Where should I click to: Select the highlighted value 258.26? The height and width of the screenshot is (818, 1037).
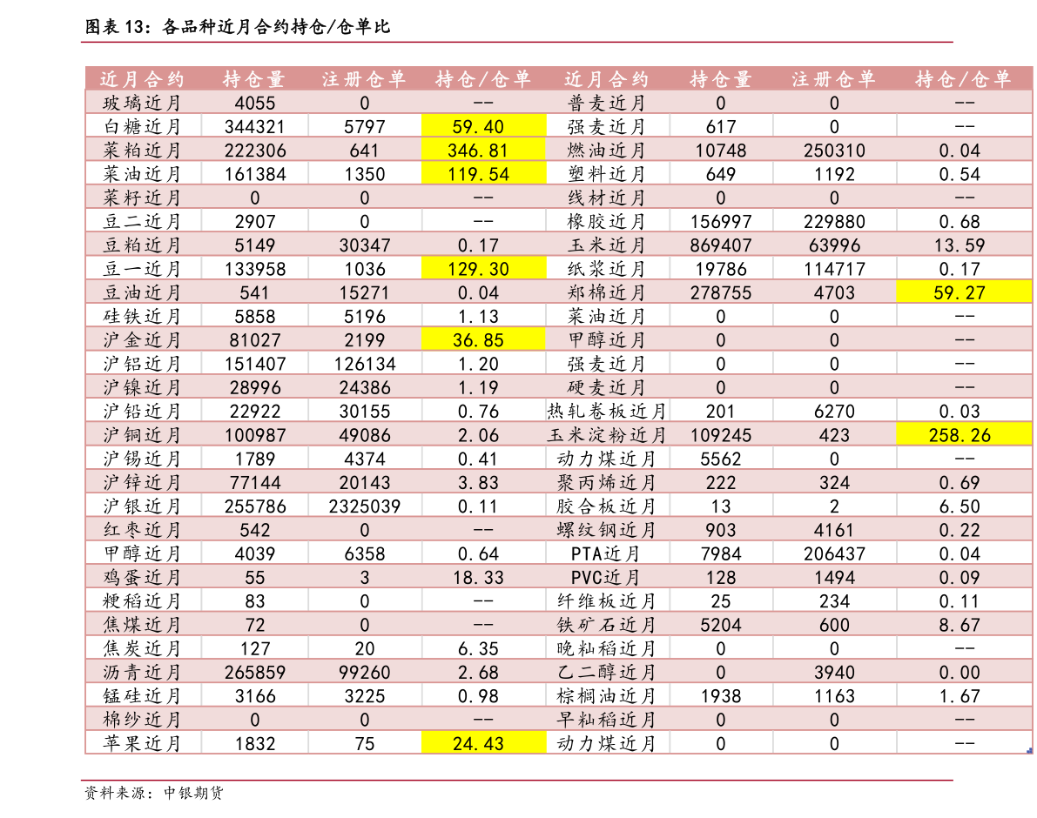(x=964, y=435)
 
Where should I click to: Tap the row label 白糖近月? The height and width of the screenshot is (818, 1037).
(x=142, y=126)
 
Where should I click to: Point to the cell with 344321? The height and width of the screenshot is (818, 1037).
(x=254, y=127)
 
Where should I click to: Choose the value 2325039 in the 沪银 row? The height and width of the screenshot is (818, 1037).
(x=365, y=506)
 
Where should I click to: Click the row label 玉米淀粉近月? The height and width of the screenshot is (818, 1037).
(x=606, y=435)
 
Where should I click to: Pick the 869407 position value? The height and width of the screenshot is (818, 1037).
(x=720, y=245)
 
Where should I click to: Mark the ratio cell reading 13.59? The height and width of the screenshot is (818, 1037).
(x=959, y=245)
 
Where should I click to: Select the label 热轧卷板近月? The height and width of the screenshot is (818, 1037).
(x=606, y=411)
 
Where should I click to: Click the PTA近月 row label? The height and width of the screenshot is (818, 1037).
(x=606, y=553)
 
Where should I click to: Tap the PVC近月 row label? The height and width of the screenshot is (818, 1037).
(x=606, y=578)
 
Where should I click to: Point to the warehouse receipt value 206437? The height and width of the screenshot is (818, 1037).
(x=834, y=553)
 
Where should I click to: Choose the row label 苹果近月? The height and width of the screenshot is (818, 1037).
(x=142, y=743)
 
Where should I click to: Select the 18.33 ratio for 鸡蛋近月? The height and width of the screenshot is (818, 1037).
(x=478, y=578)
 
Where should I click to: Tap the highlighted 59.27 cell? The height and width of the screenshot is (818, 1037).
(x=964, y=292)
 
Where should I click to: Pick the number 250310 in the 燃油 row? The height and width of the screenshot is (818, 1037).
(x=834, y=151)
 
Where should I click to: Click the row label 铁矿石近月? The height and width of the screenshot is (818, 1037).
(x=606, y=625)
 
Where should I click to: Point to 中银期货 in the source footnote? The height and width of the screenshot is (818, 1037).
(x=194, y=792)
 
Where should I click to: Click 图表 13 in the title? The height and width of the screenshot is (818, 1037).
(x=114, y=26)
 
